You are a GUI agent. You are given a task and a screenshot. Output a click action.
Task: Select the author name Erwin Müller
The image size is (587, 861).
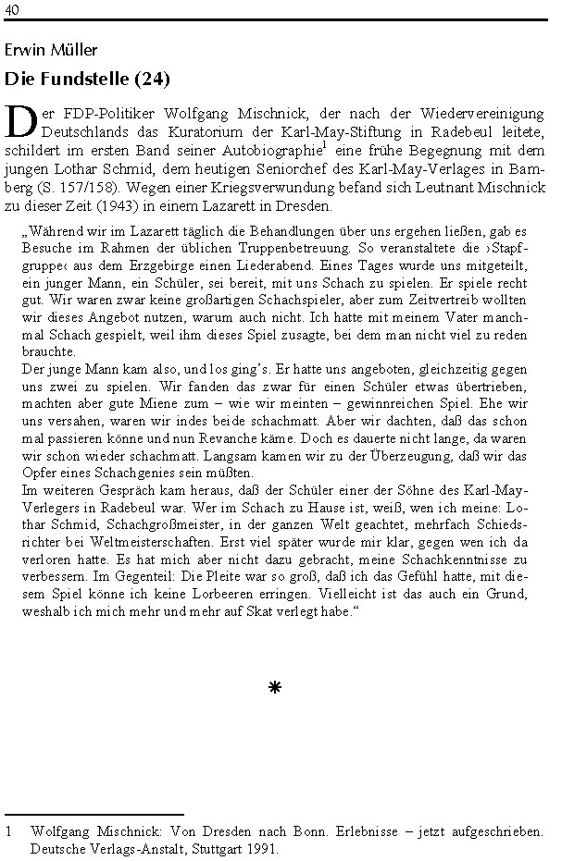point(51,50)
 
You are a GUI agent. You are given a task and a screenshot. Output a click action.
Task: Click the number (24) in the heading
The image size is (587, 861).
point(153,79)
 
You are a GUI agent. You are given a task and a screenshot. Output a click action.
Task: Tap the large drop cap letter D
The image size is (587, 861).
point(20,121)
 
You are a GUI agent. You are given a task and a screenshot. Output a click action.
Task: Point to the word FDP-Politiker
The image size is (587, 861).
point(90,113)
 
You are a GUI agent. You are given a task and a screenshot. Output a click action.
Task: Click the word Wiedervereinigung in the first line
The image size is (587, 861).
point(483,113)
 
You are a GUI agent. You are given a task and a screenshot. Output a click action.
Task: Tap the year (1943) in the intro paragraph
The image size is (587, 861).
point(144,204)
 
